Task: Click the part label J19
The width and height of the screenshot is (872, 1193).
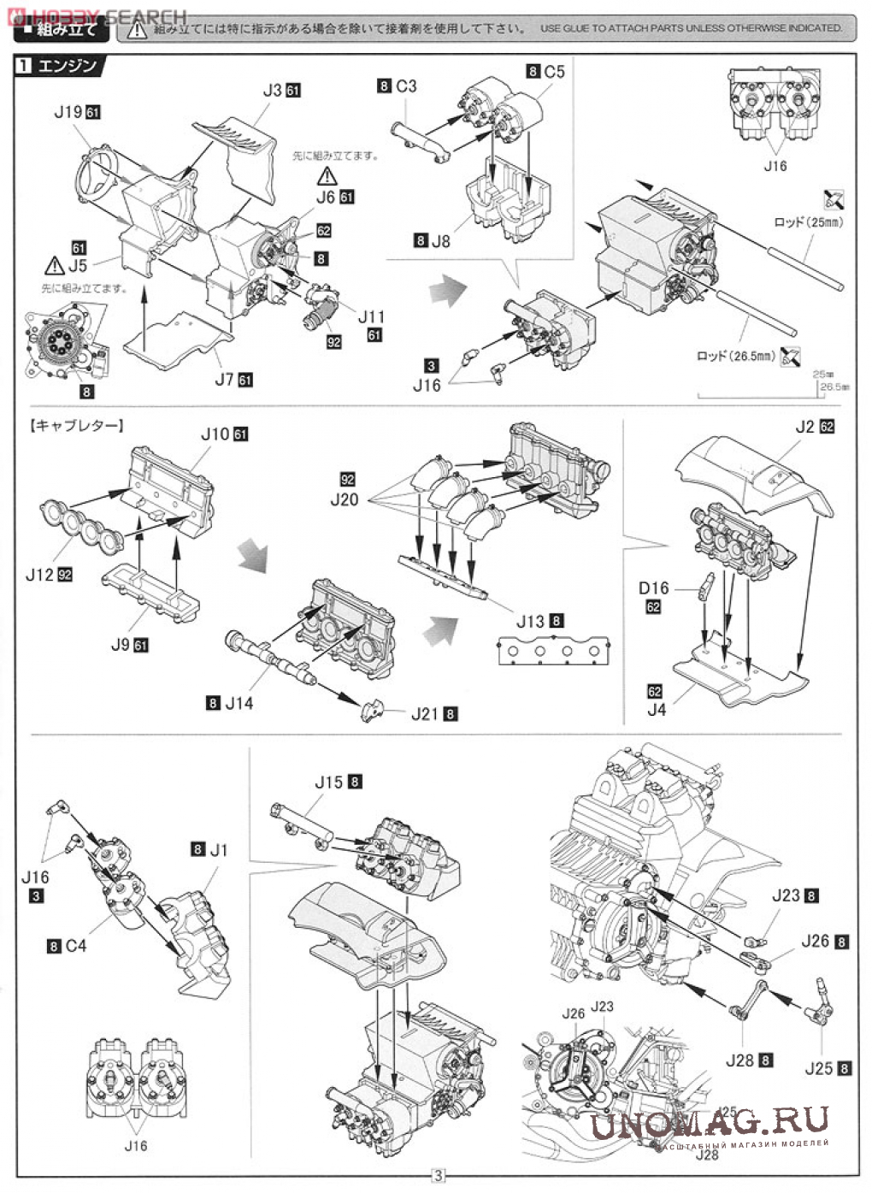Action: [x=68, y=112]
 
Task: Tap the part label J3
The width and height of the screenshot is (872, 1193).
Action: [x=272, y=90]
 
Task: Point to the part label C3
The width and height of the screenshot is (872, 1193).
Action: [x=406, y=86]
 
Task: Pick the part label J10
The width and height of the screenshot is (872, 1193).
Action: [x=215, y=434]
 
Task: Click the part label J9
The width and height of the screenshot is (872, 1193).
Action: [x=120, y=645]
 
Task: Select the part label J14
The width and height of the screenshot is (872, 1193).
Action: [x=239, y=703]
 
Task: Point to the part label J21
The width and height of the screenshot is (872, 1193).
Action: [x=424, y=713]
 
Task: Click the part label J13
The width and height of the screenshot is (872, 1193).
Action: [x=530, y=622]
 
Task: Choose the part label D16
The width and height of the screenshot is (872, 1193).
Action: [x=653, y=588]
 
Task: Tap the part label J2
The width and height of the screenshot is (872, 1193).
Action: [x=804, y=426]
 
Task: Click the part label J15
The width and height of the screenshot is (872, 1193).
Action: [x=328, y=782]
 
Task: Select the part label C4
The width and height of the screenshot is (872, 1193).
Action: [x=76, y=946]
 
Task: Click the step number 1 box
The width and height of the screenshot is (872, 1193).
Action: [x=26, y=65]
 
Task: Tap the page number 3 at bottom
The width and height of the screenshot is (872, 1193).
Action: [x=438, y=1175]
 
